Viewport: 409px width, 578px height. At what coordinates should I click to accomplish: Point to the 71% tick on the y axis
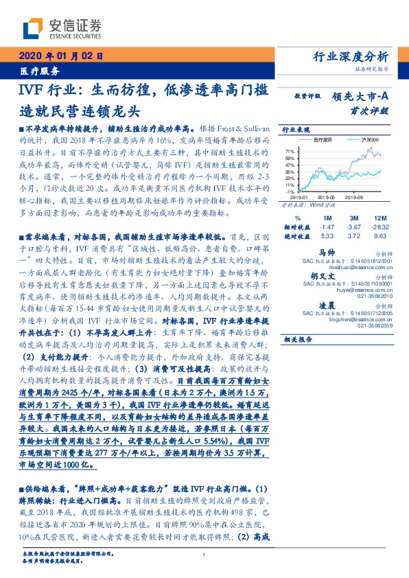coord(290,150)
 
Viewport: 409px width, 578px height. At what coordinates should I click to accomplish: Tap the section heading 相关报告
coord(297,339)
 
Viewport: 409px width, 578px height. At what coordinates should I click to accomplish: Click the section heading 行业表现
coord(292,129)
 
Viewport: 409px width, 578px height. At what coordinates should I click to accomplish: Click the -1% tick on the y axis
coord(290,191)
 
